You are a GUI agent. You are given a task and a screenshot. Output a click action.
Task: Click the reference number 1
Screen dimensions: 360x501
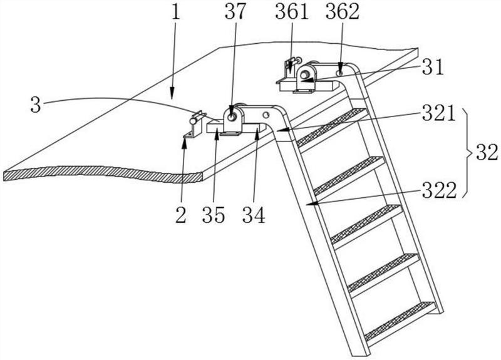point(177,13)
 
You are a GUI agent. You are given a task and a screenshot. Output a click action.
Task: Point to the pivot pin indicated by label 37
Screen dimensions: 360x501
point(233,116)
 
